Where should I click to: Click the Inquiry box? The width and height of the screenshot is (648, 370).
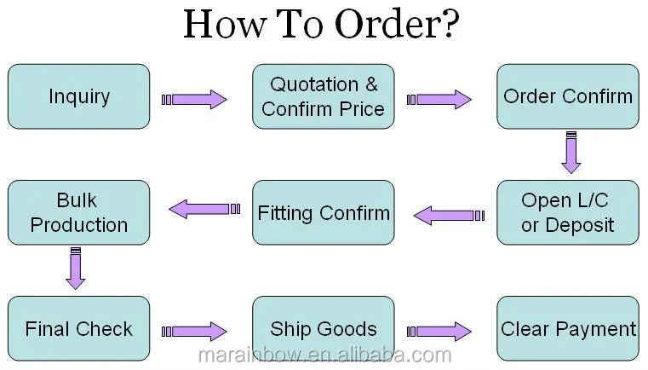79,96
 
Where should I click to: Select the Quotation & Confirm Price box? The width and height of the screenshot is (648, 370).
324,96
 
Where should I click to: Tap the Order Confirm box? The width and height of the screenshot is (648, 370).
568,96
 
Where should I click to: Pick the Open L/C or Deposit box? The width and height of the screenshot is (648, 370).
568,213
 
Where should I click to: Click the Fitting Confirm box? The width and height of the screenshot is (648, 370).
324,213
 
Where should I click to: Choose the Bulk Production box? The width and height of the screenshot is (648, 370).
79,213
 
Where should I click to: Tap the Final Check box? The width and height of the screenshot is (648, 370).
79,329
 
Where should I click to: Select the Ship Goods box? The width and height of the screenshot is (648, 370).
324,329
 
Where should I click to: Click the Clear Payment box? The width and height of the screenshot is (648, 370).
568,329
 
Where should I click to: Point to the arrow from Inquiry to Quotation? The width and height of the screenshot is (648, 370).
195,100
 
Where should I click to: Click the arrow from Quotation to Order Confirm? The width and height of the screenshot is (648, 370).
439,100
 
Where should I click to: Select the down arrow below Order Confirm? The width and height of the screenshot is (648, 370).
571,153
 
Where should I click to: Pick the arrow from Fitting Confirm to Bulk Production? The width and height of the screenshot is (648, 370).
200,208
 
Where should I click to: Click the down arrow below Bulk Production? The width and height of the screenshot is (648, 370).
76,269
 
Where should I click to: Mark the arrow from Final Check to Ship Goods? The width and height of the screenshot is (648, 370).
195,331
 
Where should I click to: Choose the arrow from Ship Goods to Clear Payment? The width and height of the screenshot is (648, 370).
439,331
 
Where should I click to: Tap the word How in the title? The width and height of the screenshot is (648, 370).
221,26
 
